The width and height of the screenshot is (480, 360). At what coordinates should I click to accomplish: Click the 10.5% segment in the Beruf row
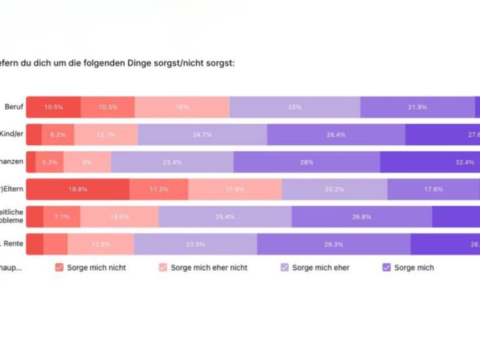tap(53, 107)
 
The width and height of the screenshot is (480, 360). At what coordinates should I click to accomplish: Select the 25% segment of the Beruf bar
tap(295, 107)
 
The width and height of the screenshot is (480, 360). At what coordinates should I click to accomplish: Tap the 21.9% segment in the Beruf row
tap(418, 107)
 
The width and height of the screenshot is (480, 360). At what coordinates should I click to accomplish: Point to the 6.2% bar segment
tap(58, 134)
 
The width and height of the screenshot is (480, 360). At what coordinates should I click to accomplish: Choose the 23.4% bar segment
tap(172, 162)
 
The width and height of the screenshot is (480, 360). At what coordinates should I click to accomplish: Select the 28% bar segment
tap(307, 162)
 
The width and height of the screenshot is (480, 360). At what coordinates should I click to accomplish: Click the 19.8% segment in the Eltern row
tap(78, 189)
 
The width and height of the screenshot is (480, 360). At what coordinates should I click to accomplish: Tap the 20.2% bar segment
tap(334, 189)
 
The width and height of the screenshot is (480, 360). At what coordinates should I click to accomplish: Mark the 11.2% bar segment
tap(158, 189)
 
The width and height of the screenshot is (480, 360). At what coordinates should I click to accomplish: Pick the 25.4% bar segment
tap(225, 217)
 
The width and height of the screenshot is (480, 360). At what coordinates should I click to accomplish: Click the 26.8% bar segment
tap(362, 217)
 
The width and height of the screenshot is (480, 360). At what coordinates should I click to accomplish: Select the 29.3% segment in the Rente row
tap(334, 244)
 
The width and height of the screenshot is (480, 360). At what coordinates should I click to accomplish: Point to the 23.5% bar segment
tap(195, 244)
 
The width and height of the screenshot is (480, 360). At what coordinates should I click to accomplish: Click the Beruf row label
tap(14, 107)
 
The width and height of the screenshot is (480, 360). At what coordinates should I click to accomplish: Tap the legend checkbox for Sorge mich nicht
tap(59, 268)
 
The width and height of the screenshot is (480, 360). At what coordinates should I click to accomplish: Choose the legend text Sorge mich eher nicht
tap(209, 268)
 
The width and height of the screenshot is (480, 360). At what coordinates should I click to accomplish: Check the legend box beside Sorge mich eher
tap(284, 268)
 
